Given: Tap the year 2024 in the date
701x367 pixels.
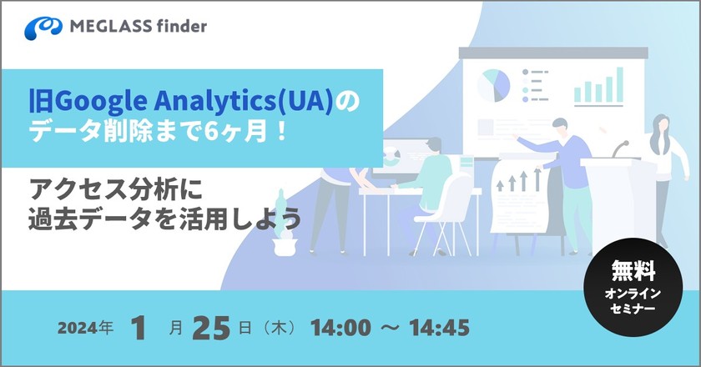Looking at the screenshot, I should tap(75, 328).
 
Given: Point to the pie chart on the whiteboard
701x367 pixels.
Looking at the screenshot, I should tap(494, 83).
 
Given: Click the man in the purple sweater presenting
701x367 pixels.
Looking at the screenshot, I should tap(567, 167).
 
